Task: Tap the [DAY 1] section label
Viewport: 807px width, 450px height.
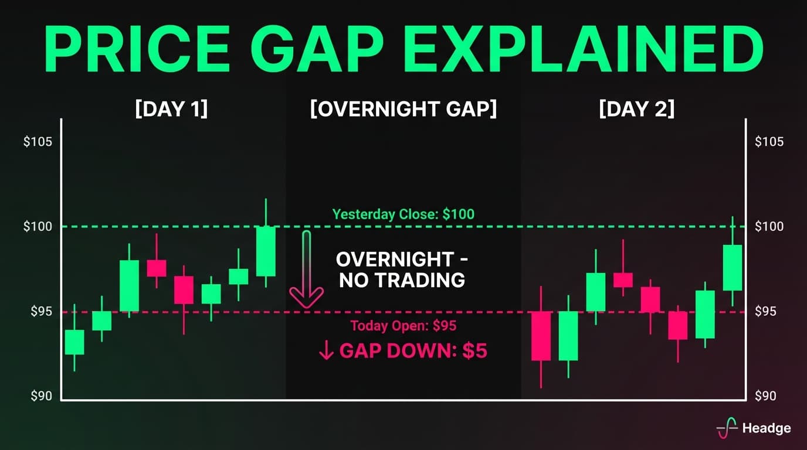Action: pos(171,110)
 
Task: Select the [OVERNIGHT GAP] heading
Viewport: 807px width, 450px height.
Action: pos(403,110)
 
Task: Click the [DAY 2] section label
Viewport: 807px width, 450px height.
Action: pos(636,110)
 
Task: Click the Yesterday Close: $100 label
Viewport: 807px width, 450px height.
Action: pos(403,214)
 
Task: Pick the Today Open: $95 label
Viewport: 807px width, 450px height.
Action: pos(403,326)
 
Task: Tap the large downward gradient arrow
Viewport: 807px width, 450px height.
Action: pos(306,270)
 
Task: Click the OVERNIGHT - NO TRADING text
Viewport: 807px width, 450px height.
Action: pos(402,270)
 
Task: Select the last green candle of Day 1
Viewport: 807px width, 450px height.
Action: pos(266,251)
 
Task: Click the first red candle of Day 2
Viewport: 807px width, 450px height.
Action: pos(541,336)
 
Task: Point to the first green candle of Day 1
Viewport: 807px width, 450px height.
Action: pos(74,342)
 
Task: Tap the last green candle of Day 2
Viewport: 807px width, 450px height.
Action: pos(733,267)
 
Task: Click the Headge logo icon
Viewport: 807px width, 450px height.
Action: pos(727,428)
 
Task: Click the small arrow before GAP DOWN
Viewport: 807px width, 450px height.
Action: pos(325,351)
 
